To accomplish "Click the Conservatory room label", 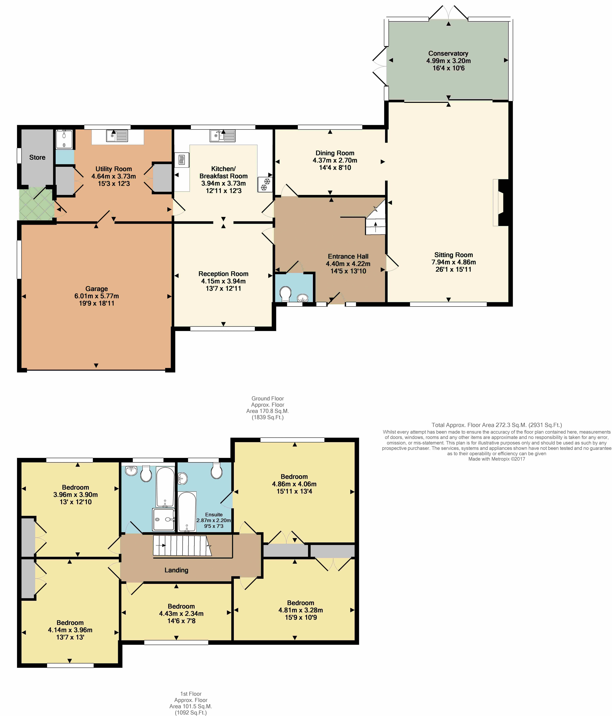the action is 448,54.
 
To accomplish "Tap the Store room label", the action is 37,158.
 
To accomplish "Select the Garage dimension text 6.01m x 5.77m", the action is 97,296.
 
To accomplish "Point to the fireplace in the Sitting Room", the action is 500,202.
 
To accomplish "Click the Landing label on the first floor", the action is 176,570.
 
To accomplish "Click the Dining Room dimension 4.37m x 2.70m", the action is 335,160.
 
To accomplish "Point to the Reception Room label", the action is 223,274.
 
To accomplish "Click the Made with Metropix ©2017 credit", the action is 497,459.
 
